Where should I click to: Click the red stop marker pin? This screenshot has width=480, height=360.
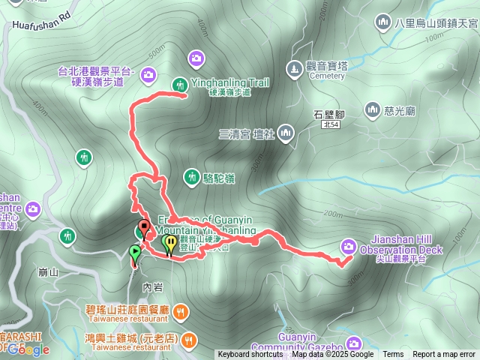pos(143,226)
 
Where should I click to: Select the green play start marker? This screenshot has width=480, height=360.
pos(134,252)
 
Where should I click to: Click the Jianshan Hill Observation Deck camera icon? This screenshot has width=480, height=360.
pos(348,245)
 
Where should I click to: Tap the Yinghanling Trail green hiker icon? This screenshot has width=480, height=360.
pos(180,85)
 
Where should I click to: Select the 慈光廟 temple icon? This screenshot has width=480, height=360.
pos(372,111)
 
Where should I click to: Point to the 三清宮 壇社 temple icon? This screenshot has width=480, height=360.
pos(285,134)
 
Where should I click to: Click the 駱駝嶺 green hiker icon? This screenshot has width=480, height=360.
pos(192,177)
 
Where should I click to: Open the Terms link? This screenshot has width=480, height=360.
pos(393,355)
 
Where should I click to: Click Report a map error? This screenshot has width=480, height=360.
pos(445,355)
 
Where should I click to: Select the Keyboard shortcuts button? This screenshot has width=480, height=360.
pos(250,355)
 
